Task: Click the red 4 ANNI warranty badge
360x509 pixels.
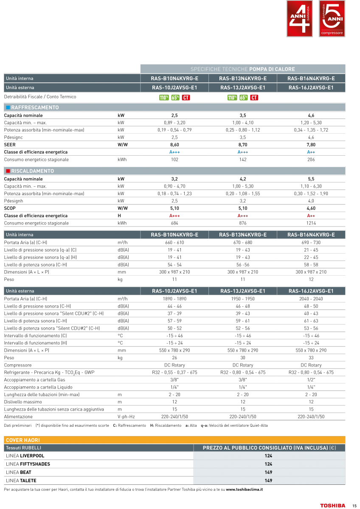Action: [300, 19]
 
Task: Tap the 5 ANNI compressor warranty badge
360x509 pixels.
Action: [332, 19]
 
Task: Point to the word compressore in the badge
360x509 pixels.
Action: [332, 33]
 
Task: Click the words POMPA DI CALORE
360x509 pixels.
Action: [272, 69]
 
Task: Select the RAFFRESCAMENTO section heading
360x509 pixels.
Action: [35, 108]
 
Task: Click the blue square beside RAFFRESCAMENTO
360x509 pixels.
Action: [8, 108]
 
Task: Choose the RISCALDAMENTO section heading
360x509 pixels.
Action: [33, 171]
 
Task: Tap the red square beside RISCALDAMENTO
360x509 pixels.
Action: [8, 171]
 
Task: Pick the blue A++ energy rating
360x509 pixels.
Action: [311, 152]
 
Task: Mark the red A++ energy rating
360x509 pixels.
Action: [311, 216]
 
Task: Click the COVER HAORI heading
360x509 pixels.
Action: [23, 440]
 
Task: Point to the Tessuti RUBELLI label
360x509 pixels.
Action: [24, 448]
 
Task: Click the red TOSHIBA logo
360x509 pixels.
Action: [332, 505]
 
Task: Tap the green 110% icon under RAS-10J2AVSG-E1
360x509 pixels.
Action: [164, 98]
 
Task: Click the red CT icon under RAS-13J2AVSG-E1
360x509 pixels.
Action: [254, 98]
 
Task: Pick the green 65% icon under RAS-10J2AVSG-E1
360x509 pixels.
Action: [175, 98]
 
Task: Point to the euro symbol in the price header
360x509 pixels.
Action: [334, 448]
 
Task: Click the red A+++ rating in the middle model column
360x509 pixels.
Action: [242, 216]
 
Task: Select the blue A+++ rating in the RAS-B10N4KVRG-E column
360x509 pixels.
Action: [174, 152]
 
